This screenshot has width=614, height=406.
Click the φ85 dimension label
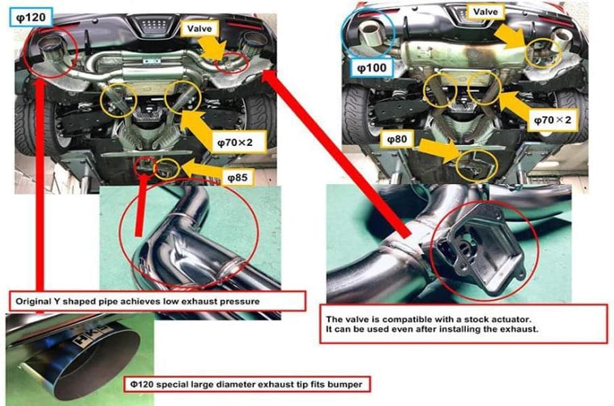[x=238, y=178]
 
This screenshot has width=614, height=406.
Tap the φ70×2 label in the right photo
[x=555, y=119]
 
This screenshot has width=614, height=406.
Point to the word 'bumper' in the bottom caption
[x=348, y=384]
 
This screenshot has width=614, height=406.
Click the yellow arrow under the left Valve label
[x=216, y=49]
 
